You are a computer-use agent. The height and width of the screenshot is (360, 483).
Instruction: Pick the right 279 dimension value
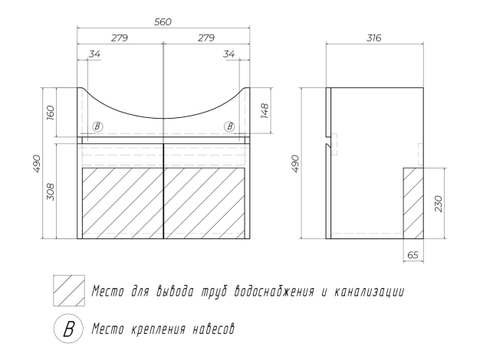(205, 38)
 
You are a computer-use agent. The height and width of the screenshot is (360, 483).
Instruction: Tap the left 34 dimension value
(96, 54)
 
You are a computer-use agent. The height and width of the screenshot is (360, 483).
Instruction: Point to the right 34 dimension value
(229, 54)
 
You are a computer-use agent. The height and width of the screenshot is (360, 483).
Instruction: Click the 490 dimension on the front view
(36, 162)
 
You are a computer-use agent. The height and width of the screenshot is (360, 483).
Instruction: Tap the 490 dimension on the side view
(295, 163)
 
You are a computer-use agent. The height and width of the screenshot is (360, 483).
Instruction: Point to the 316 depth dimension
(374, 38)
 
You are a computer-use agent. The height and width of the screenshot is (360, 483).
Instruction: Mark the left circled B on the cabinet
(97, 126)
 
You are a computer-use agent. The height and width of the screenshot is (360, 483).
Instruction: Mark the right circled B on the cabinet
(229, 126)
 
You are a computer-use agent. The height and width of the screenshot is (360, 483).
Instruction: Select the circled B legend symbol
(67, 329)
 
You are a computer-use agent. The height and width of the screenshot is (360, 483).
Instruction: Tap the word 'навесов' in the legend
(207, 329)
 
